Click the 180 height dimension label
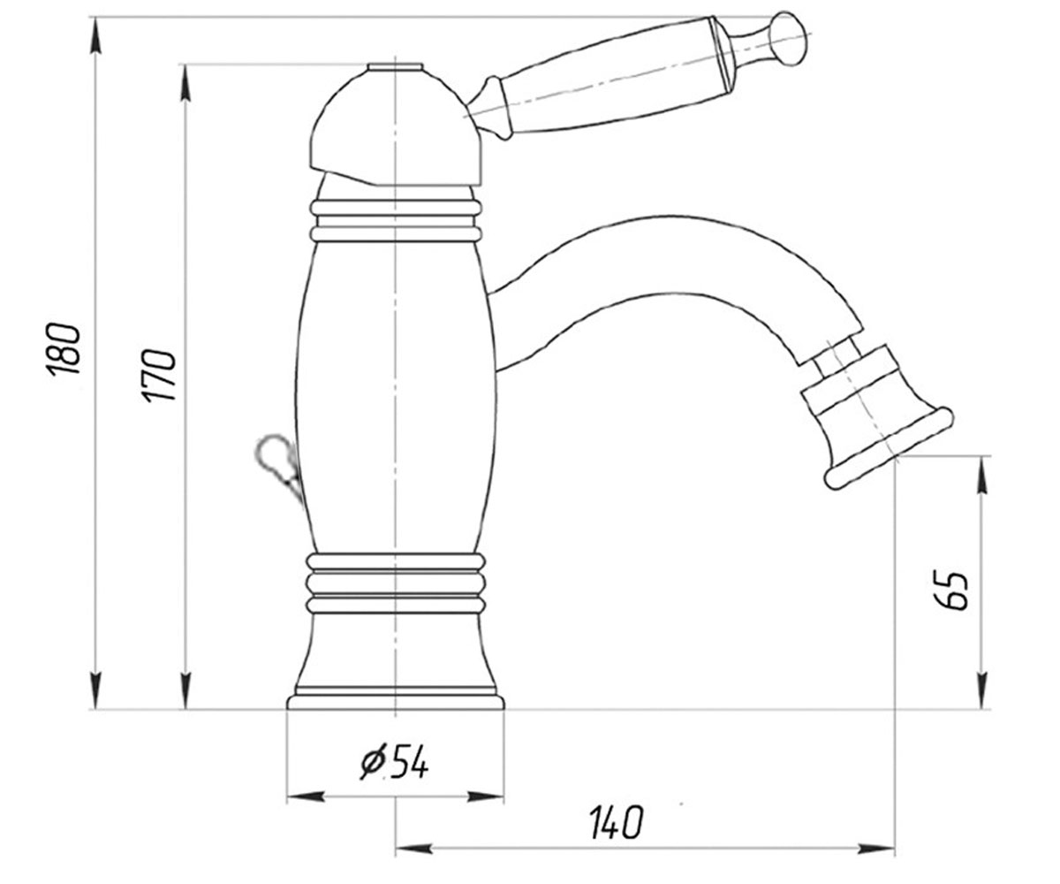pyautogui.click(x=64, y=348)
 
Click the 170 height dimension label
pyautogui.click(x=158, y=375)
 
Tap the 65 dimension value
pyautogui.click(x=950, y=590)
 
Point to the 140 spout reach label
pyautogui.click(x=616, y=822)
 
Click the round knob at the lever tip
pyautogui.click(x=787, y=39)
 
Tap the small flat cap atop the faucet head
pyautogui.click(x=395, y=67)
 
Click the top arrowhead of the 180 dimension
pyautogui.click(x=95, y=36)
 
